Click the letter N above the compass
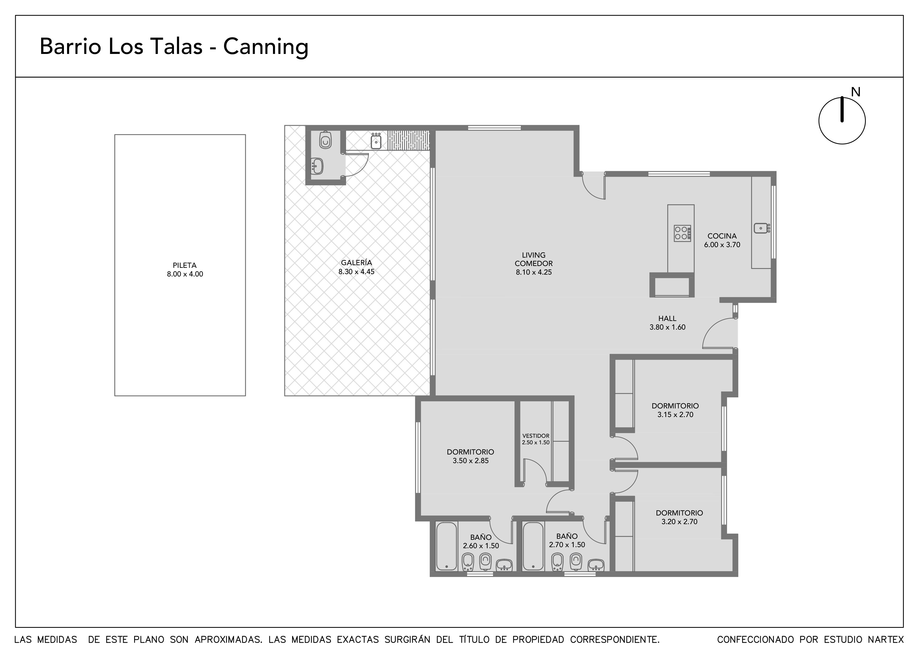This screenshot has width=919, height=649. coord(855,92)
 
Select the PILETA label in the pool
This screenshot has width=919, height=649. coord(184,265)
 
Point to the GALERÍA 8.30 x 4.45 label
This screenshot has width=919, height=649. coord(356,267)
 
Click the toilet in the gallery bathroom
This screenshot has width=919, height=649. coord(325,140)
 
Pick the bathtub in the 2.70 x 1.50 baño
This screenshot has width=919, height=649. coord(533,546)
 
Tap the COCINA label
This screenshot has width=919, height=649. coord(722,236)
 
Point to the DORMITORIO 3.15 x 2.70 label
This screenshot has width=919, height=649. coord(675,410)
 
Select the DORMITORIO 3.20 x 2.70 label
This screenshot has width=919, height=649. coord(679,517)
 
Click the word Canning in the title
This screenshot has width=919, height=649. coord(266,47)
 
